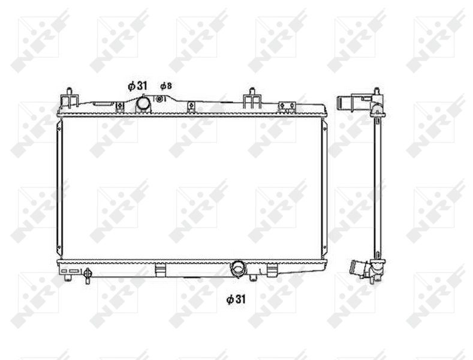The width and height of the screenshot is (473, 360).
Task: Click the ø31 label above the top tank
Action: point(137,86)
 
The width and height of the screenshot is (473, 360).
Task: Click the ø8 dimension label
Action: point(165,86)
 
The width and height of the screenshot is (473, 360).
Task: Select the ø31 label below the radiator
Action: point(237,298)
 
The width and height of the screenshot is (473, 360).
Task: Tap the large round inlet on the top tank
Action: point(143,104)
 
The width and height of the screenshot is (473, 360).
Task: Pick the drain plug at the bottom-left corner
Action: point(88,275)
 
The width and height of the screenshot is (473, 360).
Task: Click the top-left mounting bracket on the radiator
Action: point(70,97)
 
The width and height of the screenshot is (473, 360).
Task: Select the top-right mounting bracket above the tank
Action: point(252,97)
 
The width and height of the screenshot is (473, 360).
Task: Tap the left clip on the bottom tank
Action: point(160,271)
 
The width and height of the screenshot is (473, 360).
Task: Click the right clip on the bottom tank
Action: point(272,271)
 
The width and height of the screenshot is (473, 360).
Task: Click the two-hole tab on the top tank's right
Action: point(287,106)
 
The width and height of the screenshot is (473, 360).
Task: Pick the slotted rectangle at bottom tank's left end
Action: point(70,271)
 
